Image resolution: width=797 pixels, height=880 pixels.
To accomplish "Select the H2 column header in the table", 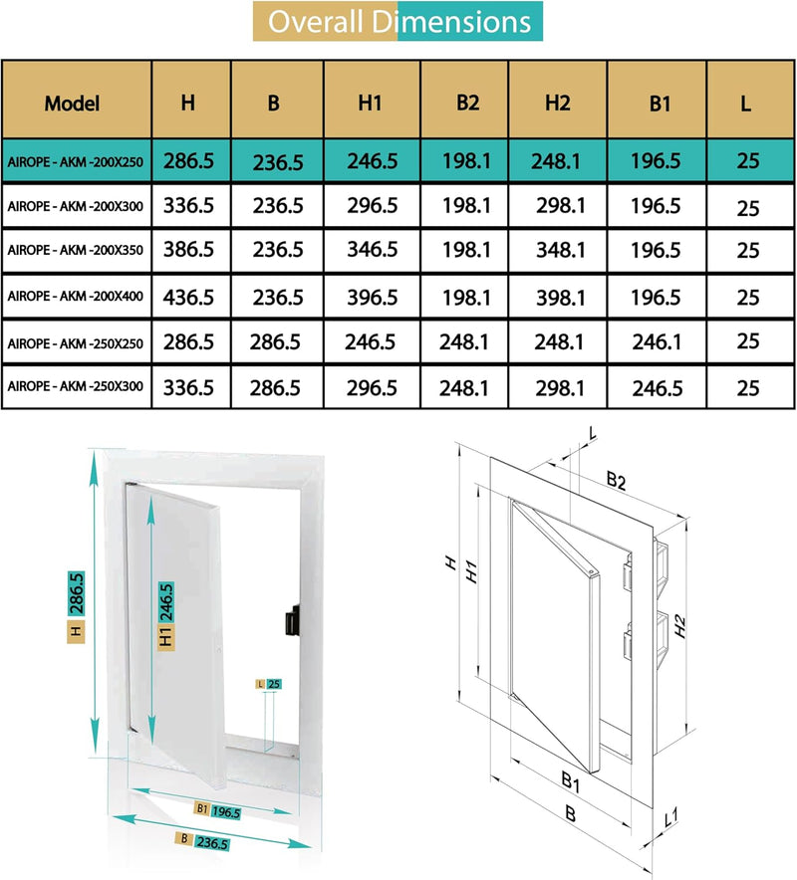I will point(557,103).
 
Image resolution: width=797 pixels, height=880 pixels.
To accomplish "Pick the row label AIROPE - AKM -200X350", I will point(77,250).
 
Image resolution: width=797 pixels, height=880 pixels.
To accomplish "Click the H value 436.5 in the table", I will point(189,297).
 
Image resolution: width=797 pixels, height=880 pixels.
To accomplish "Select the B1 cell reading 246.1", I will point(656,340).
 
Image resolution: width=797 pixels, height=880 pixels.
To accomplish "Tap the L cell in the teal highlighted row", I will point(748,161).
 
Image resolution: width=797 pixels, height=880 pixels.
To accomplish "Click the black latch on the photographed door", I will point(290,622).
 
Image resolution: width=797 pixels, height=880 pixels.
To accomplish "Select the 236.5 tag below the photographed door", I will point(210,842).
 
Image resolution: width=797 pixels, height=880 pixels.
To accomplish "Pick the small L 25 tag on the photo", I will point(268,683).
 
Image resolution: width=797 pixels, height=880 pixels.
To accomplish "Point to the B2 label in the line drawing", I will point(616,481).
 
